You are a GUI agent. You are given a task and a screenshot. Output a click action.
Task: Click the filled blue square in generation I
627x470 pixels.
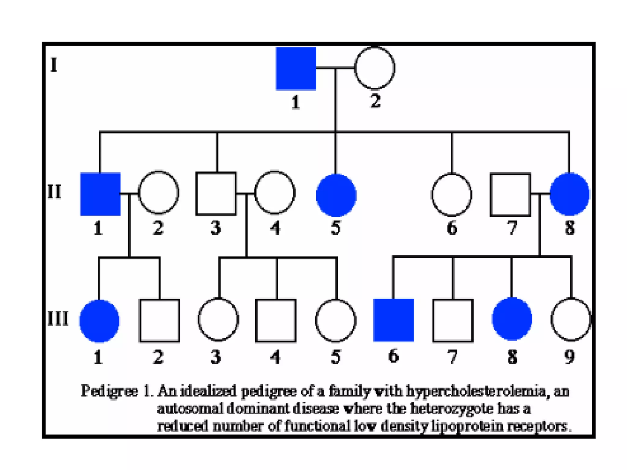tap(296, 69)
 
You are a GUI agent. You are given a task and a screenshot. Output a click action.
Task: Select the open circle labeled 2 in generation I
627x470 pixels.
tap(375, 68)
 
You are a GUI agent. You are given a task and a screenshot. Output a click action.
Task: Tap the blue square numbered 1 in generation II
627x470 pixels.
tap(100, 194)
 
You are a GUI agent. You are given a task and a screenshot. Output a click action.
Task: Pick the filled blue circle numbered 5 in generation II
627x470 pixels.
tap(336, 195)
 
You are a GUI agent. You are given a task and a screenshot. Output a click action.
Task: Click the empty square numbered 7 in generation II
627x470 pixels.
tap(510, 195)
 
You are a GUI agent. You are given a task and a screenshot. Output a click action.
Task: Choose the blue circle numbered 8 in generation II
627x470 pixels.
tap(569, 194)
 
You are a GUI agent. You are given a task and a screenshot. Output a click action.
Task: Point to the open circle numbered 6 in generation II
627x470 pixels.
tap(452, 195)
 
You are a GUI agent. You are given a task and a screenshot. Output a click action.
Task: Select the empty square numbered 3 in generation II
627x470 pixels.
tap(216, 193)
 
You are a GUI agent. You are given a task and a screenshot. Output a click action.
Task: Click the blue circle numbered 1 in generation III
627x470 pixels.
tap(99, 321)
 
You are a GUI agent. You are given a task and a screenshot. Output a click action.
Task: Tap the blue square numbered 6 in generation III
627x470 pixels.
tap(393, 320)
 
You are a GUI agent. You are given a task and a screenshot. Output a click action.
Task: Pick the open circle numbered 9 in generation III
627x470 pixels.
tap(571, 319)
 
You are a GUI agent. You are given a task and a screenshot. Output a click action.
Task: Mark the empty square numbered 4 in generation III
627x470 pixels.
tap(276, 320)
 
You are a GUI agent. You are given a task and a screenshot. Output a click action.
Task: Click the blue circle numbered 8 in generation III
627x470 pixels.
tap(512, 319)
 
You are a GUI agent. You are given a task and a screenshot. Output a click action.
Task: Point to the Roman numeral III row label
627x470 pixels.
tap(58, 319)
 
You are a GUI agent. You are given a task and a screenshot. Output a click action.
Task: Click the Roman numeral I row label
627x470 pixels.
tap(54, 65)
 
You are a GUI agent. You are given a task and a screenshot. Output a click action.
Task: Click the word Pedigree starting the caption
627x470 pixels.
tap(109, 391)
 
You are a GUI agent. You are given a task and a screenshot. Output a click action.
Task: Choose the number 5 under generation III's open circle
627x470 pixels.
tap(336, 357)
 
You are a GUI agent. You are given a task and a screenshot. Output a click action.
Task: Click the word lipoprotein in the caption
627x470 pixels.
tap(467, 426)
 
